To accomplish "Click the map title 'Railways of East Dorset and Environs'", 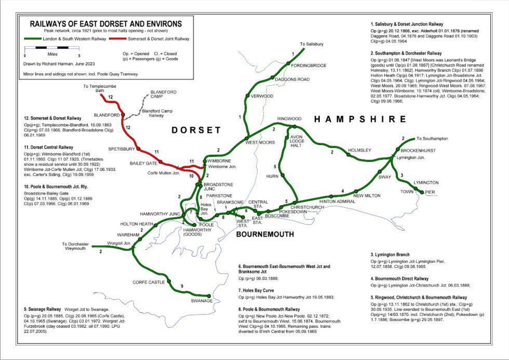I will coord(106,24).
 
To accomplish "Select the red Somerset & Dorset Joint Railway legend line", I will coord(115,39).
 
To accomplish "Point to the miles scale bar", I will coord(52,48).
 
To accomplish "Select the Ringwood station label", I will coord(289,119).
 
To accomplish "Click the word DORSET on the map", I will coord(196,130).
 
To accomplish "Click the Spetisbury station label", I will coord(121,149).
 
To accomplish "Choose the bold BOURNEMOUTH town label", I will coord(265,234).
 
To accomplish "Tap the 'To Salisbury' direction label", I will coord(311,44).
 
